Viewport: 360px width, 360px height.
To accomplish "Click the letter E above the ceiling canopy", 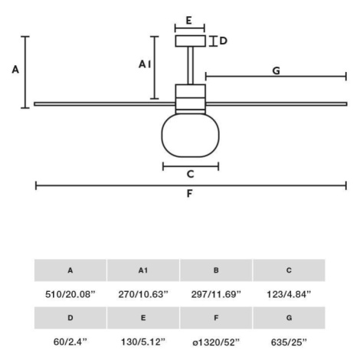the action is pyautogui.click(x=188, y=21).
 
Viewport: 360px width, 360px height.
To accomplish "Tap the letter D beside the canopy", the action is pyautogui.click(x=223, y=41).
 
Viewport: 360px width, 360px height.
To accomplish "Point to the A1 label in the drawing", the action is pyautogui.click(x=145, y=64).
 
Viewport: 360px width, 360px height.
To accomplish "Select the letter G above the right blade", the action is pyautogui.click(x=277, y=70).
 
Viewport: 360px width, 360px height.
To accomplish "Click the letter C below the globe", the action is pyautogui.click(x=191, y=174).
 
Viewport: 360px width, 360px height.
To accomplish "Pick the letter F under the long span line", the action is pyautogui.click(x=189, y=194).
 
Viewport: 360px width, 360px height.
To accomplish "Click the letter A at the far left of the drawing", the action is pyautogui.click(x=15, y=70).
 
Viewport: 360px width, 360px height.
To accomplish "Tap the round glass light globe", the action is pyautogui.click(x=191, y=135).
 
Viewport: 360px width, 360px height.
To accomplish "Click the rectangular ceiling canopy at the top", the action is pyautogui.click(x=191, y=41).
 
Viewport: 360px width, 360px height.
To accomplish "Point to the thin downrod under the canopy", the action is pyautogui.click(x=191, y=66).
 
